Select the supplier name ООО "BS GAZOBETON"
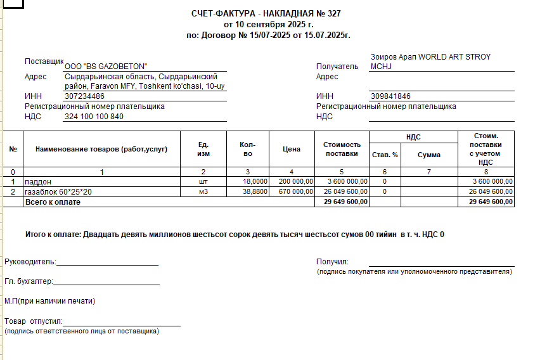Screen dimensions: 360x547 click(106, 67)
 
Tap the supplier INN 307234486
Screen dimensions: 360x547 click(85, 96)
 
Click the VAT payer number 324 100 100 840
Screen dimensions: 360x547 click(94, 117)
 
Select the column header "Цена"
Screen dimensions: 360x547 click(292, 150)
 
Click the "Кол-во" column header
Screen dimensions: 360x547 click(248, 150)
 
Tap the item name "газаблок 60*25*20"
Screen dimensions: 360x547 click(58, 191)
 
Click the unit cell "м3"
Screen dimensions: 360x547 click(203, 191)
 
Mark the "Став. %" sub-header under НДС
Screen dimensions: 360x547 click(385, 155)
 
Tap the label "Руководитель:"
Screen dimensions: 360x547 click(30, 262)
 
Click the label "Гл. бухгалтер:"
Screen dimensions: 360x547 click(29, 281)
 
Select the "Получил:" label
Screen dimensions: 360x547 click(332, 262)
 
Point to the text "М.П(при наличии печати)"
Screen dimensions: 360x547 click(50, 301)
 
